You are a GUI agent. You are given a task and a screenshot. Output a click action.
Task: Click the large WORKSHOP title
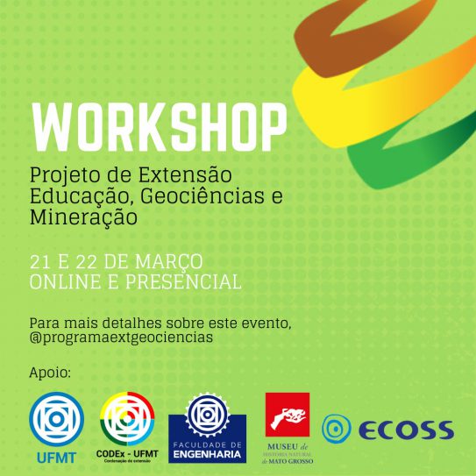point(160,127)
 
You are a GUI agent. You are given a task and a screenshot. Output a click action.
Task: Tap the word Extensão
point(185,174)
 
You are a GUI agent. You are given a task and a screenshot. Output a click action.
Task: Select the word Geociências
point(202,196)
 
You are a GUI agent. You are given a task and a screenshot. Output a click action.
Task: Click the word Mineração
point(83,217)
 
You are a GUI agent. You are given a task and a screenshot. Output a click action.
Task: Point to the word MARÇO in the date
point(169,262)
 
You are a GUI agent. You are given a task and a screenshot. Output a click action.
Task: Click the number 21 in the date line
point(40,262)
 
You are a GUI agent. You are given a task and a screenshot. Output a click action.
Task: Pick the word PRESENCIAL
point(184,281)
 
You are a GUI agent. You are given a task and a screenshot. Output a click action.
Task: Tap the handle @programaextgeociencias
point(121,337)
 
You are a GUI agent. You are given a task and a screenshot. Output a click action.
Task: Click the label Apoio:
point(50,373)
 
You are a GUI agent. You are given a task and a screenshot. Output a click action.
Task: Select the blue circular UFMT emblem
point(56,419)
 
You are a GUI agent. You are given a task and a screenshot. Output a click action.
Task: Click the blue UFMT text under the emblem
point(56,458)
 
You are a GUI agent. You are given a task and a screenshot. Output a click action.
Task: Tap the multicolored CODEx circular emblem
point(127,419)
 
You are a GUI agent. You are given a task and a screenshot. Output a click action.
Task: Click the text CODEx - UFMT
point(127,454)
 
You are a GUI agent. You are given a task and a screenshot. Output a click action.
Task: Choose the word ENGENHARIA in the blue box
point(208,454)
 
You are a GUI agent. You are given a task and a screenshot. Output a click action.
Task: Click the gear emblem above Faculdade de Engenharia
point(208,415)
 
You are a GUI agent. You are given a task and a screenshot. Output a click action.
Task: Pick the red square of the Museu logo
point(288,415)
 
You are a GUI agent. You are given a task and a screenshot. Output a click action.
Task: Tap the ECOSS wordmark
point(407,430)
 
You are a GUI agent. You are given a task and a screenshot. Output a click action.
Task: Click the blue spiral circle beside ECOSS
point(337,429)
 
